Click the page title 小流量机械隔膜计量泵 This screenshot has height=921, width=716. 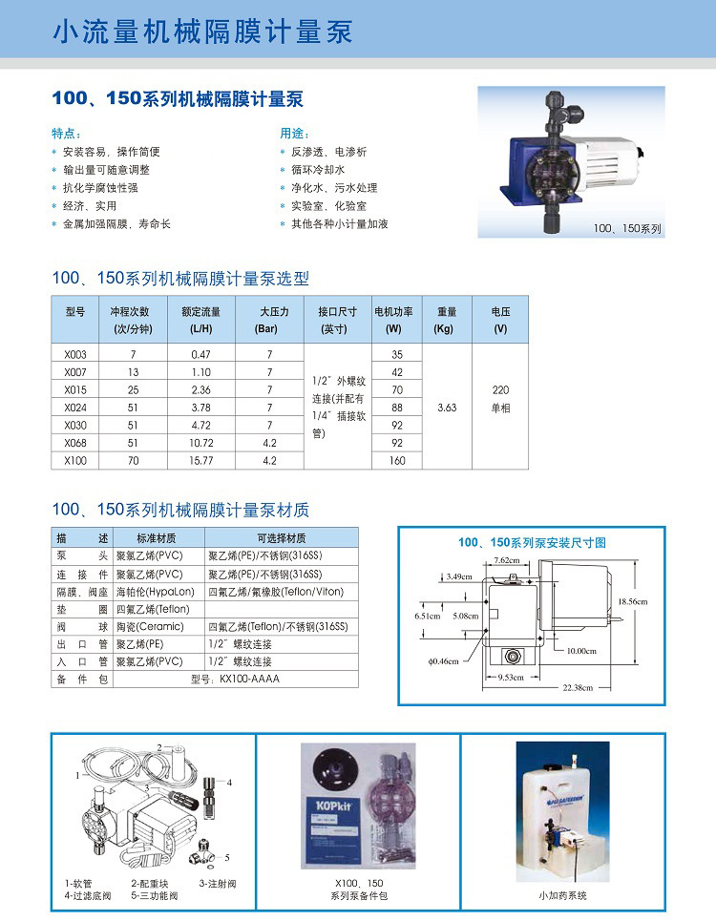(202, 32)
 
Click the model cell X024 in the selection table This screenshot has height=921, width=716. (75, 408)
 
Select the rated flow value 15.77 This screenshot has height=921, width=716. (201, 461)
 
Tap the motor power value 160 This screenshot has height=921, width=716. (397, 461)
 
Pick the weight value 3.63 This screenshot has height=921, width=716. (447, 408)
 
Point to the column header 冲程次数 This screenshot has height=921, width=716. (131, 311)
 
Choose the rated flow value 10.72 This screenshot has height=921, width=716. (201, 443)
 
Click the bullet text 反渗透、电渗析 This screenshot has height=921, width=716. (328, 152)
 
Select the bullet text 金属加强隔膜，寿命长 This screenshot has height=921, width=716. (116, 224)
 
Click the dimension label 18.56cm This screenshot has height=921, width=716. (632, 601)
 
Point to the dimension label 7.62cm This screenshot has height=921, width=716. (507, 559)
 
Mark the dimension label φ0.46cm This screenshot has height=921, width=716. (444, 660)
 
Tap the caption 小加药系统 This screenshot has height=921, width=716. (562, 895)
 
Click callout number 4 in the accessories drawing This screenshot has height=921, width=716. (230, 782)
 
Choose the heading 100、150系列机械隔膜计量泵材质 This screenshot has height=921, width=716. (180, 510)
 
